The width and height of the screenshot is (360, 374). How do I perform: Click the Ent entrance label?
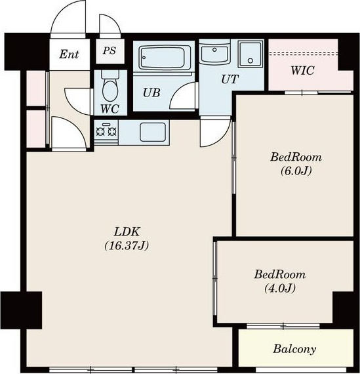[69, 54]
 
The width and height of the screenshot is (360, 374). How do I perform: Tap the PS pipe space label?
[110, 51]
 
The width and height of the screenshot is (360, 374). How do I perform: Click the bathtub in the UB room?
[163, 58]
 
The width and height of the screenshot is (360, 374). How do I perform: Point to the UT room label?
[230, 79]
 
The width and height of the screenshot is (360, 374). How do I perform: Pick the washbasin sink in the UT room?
[214, 54]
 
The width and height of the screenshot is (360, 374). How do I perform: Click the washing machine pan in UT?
[250, 54]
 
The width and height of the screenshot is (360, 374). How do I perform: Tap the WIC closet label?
[302, 70]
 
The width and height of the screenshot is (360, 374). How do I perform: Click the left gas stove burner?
[100, 131]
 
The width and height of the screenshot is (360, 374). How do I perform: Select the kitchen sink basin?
[153, 132]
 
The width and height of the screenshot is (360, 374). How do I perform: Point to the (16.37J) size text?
[127, 245]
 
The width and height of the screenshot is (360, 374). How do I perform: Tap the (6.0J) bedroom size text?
[296, 171]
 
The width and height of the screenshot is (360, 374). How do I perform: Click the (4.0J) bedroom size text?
[279, 288]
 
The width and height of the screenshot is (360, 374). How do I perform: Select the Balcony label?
[294, 349]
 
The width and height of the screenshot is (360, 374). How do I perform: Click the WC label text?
[110, 109]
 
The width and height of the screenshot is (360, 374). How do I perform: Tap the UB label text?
[151, 93]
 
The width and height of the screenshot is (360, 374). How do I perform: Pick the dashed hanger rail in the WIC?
[303, 53]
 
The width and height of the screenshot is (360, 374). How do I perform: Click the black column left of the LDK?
[22, 310]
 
